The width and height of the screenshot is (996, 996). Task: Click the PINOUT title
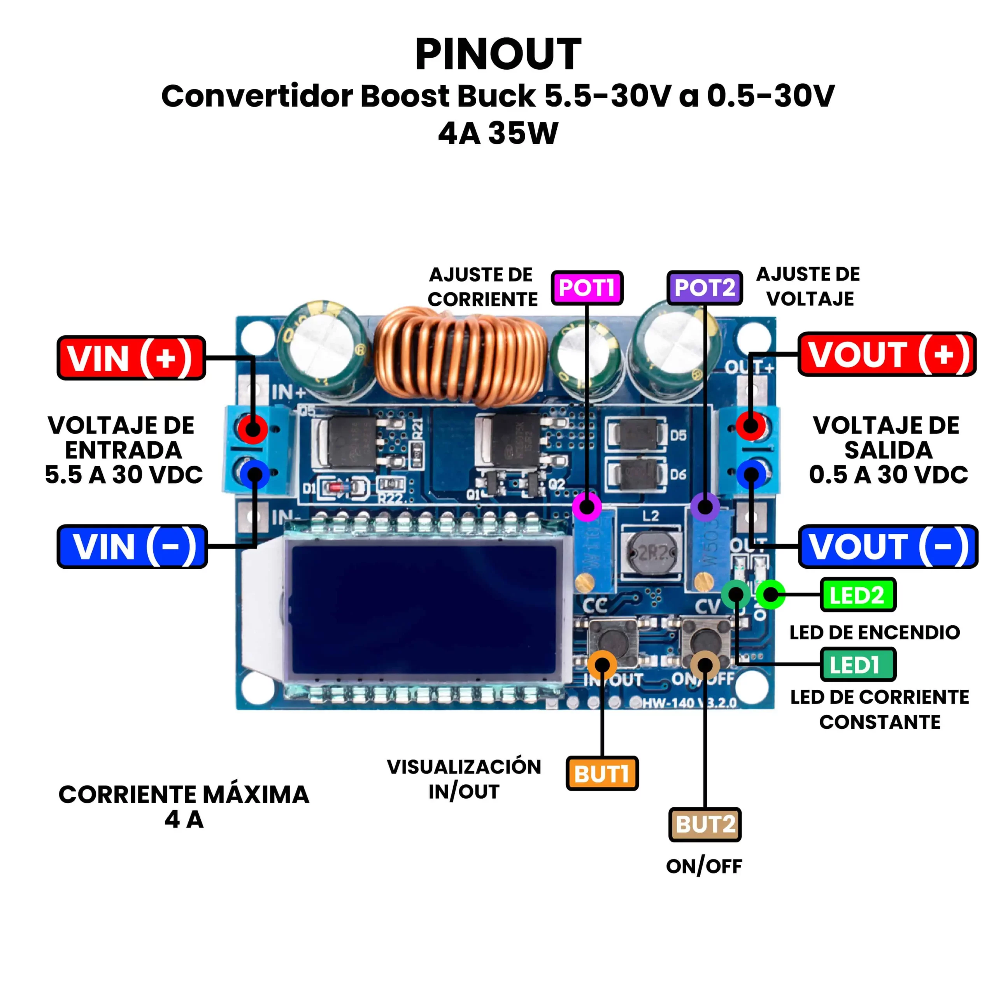(x=498, y=54)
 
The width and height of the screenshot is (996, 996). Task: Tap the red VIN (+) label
(x=131, y=358)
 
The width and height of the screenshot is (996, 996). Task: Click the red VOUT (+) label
(x=887, y=354)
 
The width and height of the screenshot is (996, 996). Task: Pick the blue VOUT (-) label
(x=888, y=547)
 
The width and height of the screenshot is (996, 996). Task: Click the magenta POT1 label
(x=587, y=288)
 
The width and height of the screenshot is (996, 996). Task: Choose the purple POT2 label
(x=704, y=288)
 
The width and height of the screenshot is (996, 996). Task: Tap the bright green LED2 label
(x=858, y=595)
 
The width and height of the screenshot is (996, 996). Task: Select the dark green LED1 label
(x=858, y=665)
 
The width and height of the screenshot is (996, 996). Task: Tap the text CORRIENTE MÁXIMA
(x=184, y=794)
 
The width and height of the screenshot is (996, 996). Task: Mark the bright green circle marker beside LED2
(x=771, y=594)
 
